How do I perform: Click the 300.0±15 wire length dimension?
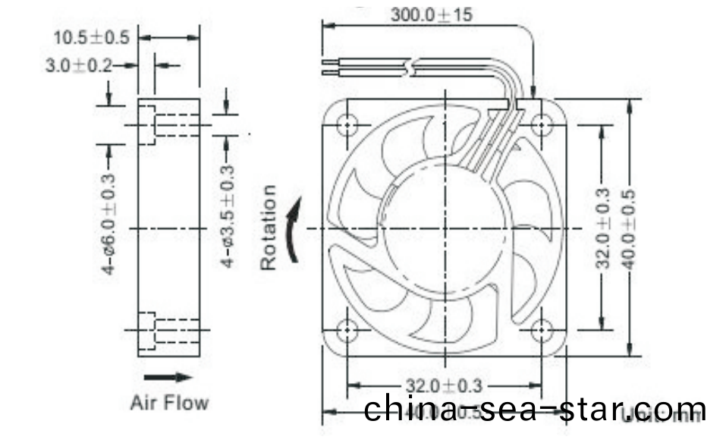(x=432, y=14)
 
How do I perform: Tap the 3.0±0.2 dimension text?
(x=78, y=66)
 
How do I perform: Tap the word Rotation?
(x=269, y=228)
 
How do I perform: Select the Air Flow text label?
(x=169, y=402)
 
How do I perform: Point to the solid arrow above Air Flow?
(x=168, y=376)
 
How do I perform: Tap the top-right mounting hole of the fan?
(x=542, y=124)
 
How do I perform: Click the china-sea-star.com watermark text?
(x=535, y=410)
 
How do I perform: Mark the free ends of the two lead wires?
(x=326, y=67)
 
